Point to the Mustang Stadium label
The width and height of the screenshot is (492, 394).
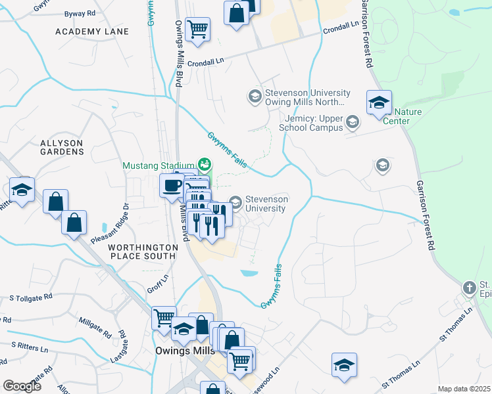point(158,165)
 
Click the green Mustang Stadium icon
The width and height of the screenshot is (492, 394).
point(204,164)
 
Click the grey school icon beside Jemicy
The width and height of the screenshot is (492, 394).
point(353,121)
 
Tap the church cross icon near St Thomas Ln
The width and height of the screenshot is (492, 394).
point(469,288)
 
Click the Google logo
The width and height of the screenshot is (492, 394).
point(22,386)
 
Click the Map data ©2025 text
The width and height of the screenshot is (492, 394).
point(464,389)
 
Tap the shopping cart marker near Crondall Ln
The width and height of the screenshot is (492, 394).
point(197,29)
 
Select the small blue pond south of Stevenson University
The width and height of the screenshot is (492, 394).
point(249,273)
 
